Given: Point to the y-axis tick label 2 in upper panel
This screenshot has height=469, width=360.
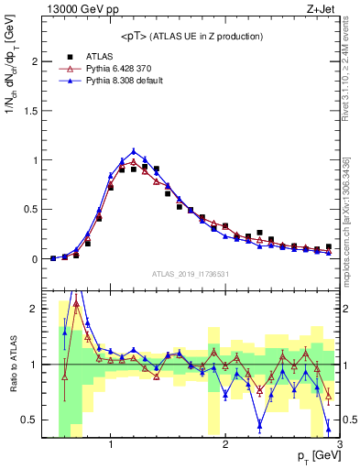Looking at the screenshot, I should (35, 61).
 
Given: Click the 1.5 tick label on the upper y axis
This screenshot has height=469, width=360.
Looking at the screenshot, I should (31, 111).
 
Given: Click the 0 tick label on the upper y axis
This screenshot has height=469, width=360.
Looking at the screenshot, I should (35, 259).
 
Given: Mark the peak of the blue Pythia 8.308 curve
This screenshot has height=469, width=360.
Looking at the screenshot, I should (134, 151).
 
